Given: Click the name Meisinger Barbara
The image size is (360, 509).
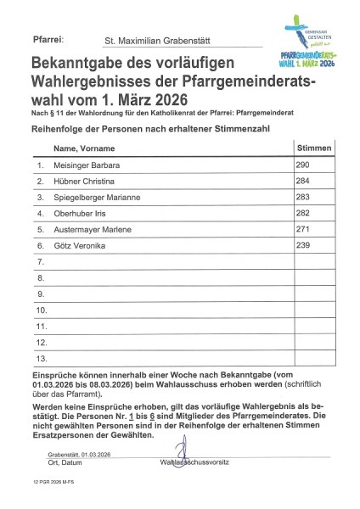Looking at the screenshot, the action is coord(87,165).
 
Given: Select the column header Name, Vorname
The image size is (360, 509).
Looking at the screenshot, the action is coord(83,148).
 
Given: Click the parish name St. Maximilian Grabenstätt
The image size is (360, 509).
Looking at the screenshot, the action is coord(158,39).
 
